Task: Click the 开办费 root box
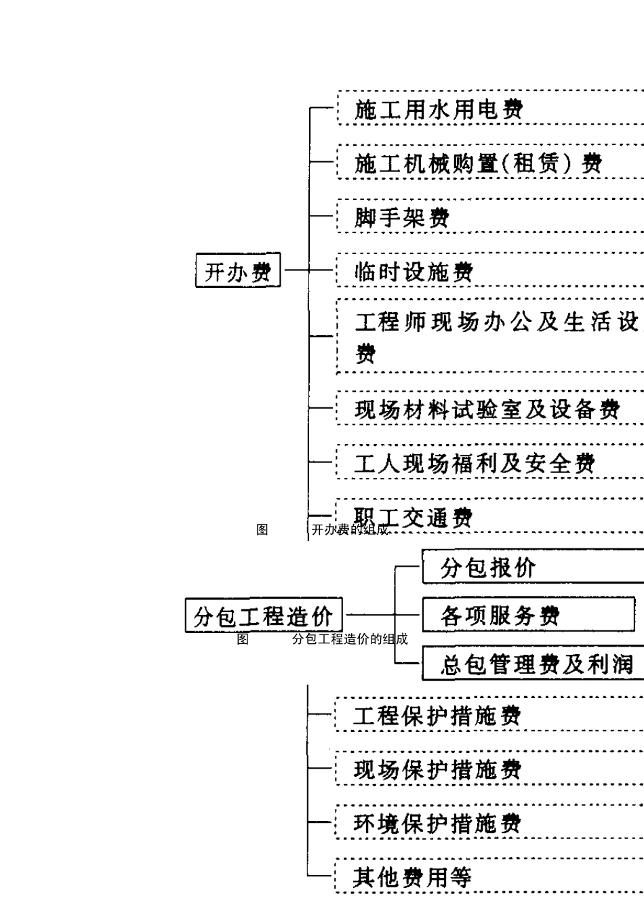238,270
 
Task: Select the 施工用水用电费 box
488,108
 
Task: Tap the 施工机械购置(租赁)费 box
488,163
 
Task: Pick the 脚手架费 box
488,217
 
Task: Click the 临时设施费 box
488,271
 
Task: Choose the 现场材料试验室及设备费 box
488,409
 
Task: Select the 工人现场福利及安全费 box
488,463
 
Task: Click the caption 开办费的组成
350,530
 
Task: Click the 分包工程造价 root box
264,615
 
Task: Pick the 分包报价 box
532,567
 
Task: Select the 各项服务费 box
529,615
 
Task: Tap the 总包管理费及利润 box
532,664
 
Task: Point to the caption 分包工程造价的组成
350,639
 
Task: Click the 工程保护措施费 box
488,715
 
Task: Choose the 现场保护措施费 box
488,769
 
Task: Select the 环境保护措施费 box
488,823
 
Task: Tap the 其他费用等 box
488,877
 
